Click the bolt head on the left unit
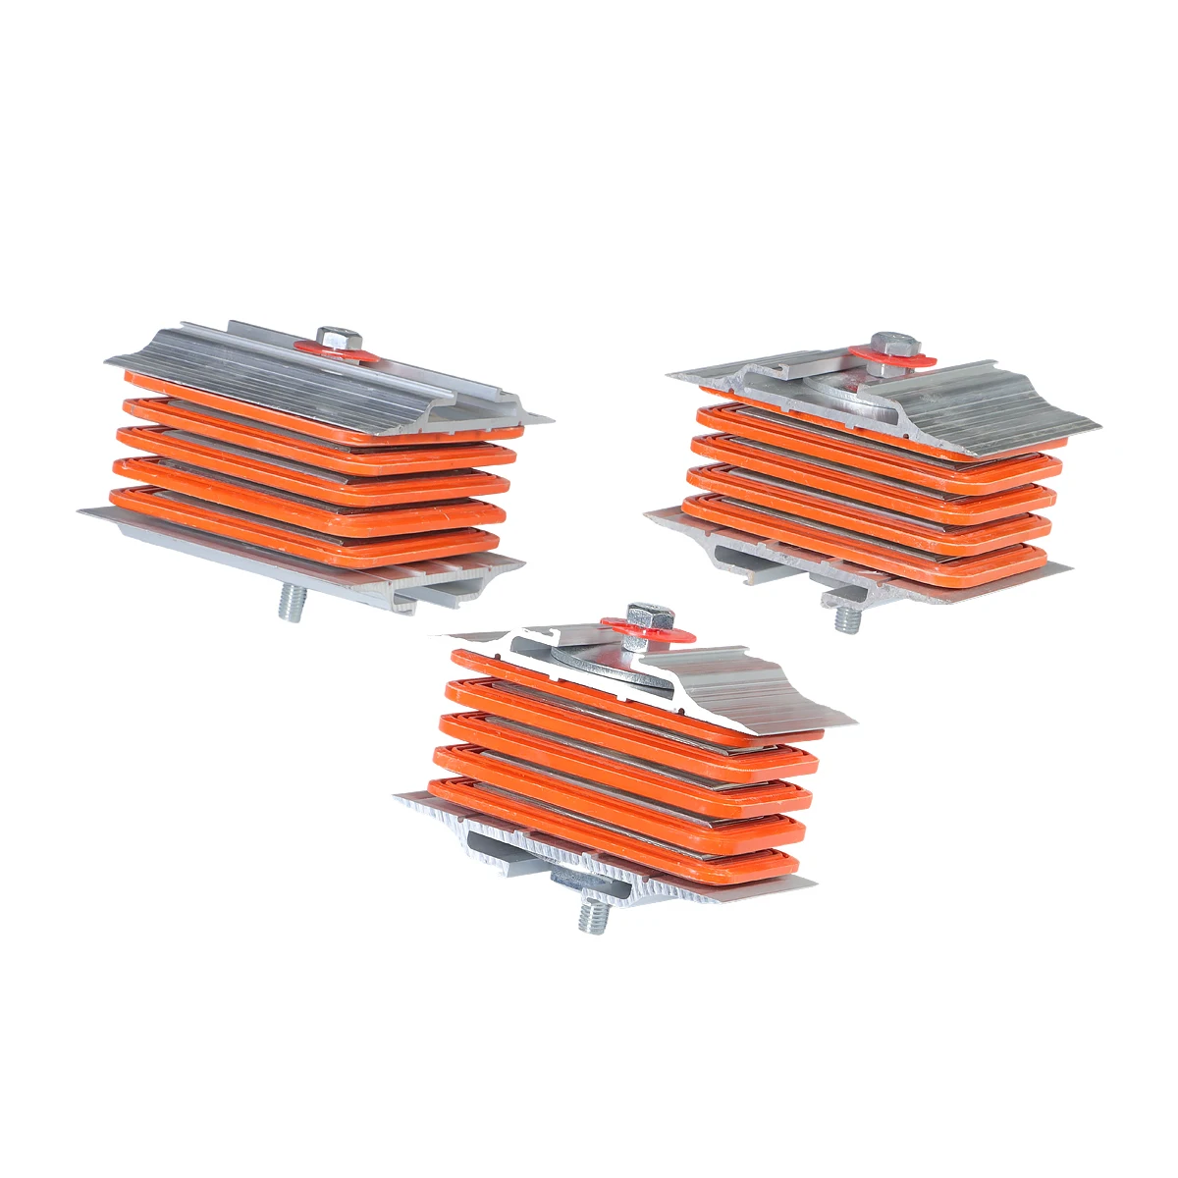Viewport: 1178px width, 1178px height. (336, 336)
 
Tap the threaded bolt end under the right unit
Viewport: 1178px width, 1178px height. (847, 618)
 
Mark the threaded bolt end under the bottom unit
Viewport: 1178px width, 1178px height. (592, 917)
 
